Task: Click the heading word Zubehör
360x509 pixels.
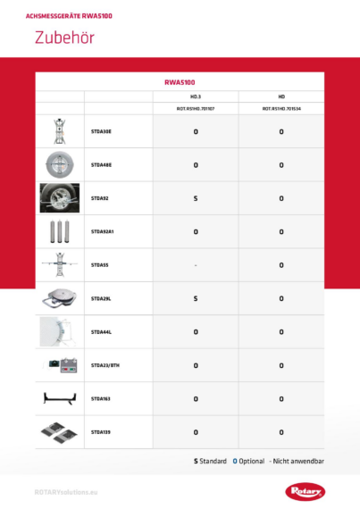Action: pyautogui.click(x=64, y=38)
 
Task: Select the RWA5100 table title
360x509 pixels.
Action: pyautogui.click(x=180, y=81)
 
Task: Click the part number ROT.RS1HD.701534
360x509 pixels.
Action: pyautogui.click(x=280, y=108)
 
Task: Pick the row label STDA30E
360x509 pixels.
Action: pyautogui.click(x=101, y=131)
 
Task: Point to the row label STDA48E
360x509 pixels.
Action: pyautogui.click(x=101, y=164)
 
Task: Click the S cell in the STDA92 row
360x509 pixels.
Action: pyautogui.click(x=195, y=198)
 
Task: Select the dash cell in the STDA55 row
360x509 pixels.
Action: pyautogui.click(x=195, y=265)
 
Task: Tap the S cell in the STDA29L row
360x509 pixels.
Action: pyautogui.click(x=195, y=298)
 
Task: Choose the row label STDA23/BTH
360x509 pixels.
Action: pyautogui.click(x=105, y=365)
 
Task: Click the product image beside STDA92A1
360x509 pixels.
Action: pyautogui.click(x=60, y=231)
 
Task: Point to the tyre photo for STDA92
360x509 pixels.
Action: pyautogui.click(x=60, y=198)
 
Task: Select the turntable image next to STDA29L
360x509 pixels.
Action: pyautogui.click(x=60, y=299)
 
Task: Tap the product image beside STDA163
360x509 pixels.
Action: pyautogui.click(x=60, y=398)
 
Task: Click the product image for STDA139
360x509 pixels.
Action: pyautogui.click(x=60, y=432)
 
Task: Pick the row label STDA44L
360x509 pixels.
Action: pyautogui.click(x=101, y=332)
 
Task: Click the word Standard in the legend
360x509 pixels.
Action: pyautogui.click(x=213, y=461)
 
